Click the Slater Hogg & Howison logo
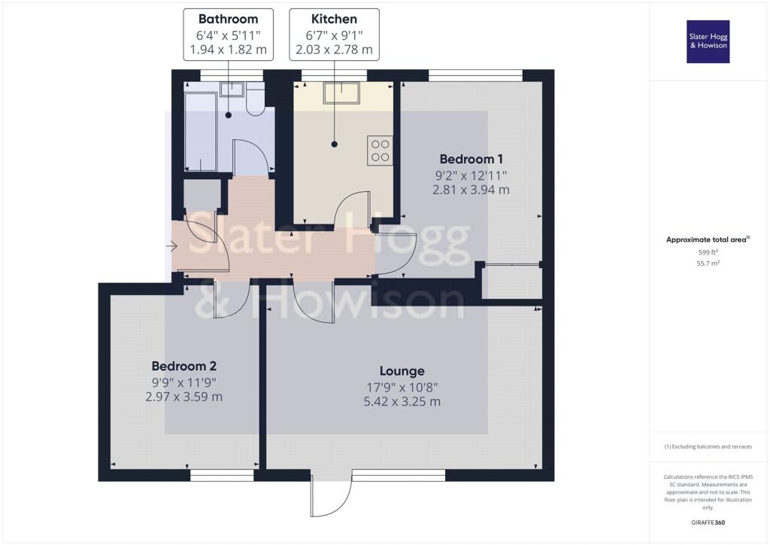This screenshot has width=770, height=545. [x=708, y=41]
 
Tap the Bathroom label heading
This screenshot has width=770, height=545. [x=229, y=19]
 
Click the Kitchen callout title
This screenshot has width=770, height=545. [x=334, y=19]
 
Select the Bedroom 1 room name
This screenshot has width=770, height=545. [x=471, y=160]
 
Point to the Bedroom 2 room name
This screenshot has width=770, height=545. [x=183, y=366]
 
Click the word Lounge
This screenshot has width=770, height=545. [x=402, y=371]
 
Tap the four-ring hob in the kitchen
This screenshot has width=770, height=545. [x=380, y=151]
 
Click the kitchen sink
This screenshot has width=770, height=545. [x=341, y=93]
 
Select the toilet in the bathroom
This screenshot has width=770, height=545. [x=255, y=99]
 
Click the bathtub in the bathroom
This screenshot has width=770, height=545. [x=200, y=132]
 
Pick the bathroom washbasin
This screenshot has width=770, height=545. [x=232, y=89]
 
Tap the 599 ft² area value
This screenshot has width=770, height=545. [x=708, y=252]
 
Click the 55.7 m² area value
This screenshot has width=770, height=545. [x=708, y=263]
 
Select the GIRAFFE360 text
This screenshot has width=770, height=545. [x=708, y=522]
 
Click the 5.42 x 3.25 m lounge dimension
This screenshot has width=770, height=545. [x=402, y=401]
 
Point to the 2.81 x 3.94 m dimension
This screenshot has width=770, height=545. [x=471, y=190]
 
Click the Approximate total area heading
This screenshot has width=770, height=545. [x=706, y=240]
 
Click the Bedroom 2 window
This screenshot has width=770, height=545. [x=222, y=475]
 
